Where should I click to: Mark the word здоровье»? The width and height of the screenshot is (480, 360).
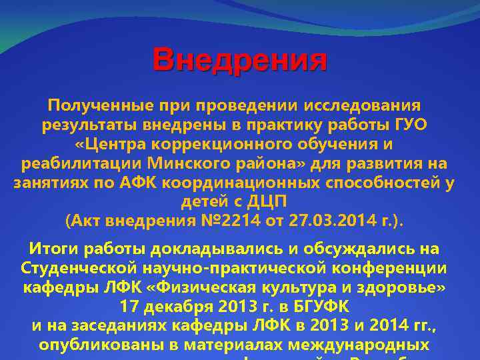pos(404,288)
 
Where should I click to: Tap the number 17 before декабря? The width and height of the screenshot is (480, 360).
pos(130,307)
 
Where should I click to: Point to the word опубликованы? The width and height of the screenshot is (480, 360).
pos(101,346)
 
